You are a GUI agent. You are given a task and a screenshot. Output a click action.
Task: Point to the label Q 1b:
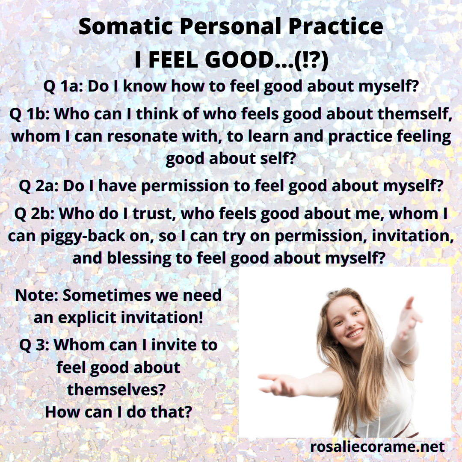[x=30, y=114]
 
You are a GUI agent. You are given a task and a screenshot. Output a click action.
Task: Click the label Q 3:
[x=34, y=345]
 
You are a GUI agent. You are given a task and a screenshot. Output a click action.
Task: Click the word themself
[x=415, y=114]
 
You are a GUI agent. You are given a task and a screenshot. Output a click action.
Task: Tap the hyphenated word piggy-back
[x=83, y=236]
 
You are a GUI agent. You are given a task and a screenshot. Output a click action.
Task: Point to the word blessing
[x=139, y=258]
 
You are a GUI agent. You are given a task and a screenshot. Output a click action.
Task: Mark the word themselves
[x=116, y=390]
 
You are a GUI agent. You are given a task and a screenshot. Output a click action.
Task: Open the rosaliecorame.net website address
[x=377, y=447]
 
